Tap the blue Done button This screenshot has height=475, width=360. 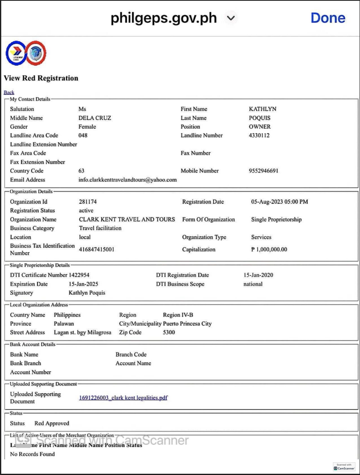328,18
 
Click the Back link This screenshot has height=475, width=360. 9,92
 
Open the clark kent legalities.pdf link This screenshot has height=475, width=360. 123,397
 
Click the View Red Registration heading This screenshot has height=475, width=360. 41,78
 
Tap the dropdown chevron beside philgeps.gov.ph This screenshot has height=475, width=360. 231,18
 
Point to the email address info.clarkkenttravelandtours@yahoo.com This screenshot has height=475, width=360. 127,180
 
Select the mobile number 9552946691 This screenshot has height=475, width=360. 263,171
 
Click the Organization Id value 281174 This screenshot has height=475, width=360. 88,202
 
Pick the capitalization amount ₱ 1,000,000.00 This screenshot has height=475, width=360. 269,249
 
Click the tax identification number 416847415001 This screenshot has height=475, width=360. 97,249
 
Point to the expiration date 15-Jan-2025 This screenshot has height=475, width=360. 83,284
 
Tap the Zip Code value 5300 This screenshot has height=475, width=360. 169,332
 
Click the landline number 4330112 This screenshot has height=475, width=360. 259,135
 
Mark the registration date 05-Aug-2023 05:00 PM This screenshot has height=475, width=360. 279,202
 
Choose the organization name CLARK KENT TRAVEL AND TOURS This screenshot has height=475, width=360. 127,219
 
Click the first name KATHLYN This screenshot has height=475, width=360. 263,109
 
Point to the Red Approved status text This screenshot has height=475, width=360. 52,423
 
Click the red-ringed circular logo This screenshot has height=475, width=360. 36,53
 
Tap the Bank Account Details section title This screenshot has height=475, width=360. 32,344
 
